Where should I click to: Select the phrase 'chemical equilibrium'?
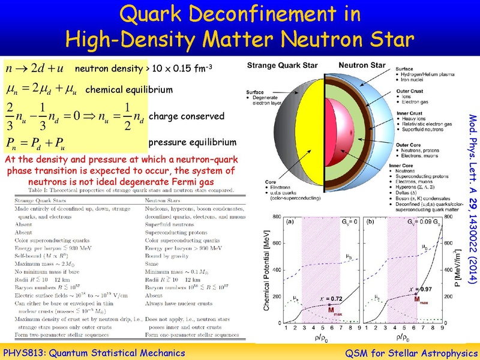tap(129, 91)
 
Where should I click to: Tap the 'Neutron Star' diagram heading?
tap(361, 64)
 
